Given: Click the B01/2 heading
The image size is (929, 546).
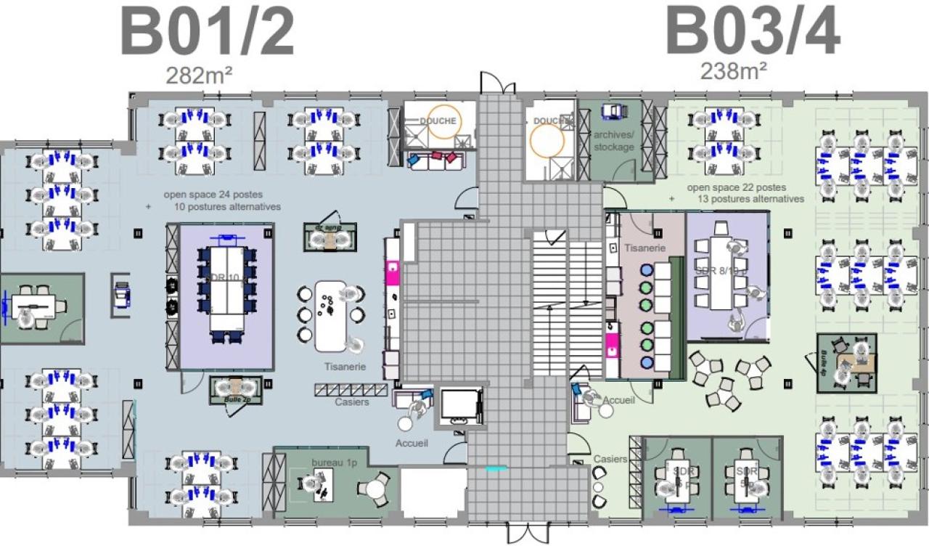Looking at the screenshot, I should [x=207, y=33].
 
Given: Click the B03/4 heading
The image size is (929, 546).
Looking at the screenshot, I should [x=753, y=33].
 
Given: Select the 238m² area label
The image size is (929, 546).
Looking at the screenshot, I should [x=734, y=71].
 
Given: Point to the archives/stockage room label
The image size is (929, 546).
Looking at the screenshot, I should [x=614, y=141].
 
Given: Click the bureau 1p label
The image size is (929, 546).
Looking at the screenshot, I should [x=331, y=463].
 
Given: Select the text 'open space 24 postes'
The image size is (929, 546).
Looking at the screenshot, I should [x=213, y=195].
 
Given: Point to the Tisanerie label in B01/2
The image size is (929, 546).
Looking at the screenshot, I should [x=345, y=367].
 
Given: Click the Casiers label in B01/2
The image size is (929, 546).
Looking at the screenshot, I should [x=352, y=402].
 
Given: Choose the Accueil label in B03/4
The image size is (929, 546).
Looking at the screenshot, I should [x=619, y=400].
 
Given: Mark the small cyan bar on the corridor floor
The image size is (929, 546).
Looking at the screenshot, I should [x=496, y=469].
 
